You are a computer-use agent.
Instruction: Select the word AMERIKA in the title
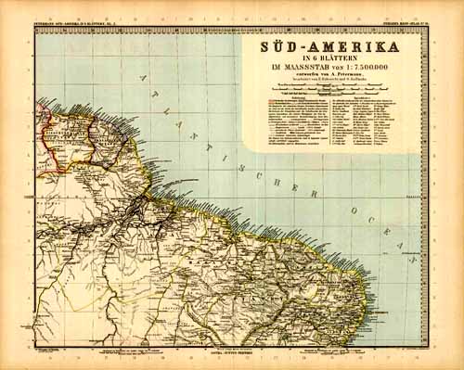click(x=361, y=46)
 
